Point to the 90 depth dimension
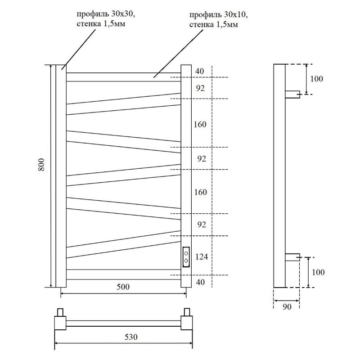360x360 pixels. tap(287, 307)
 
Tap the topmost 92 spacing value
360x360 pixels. tap(200, 88)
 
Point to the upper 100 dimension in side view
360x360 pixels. tap(316, 79)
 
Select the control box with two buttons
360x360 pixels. tap(186, 256)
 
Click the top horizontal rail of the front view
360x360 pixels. tap(124, 77)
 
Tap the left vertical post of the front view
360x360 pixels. tap(61, 175)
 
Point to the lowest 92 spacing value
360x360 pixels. tap(200, 225)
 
